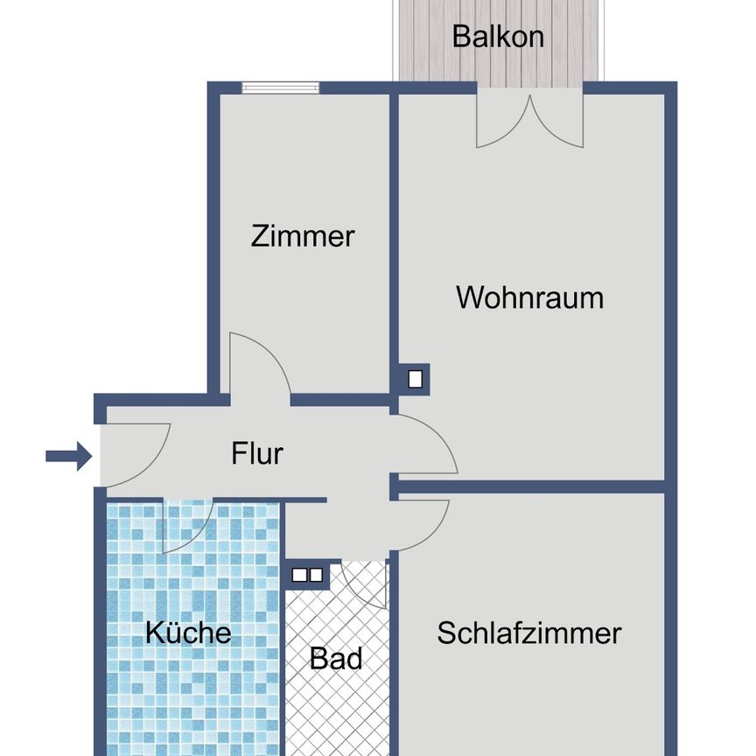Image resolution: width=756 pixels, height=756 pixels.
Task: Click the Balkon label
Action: click(498, 37)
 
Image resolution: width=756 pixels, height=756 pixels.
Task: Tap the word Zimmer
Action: click(303, 236)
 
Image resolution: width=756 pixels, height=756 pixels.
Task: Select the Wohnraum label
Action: click(529, 297)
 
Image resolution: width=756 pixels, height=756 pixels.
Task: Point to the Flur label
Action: click(257, 454)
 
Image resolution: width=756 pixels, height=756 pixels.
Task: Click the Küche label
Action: click(188, 633)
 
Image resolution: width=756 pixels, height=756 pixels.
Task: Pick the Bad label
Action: click(336, 658)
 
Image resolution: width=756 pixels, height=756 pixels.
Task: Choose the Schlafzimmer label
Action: click(529, 633)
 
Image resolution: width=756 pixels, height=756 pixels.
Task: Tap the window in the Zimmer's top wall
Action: click(280, 87)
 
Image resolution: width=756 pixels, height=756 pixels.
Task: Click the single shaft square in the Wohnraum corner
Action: click(416, 379)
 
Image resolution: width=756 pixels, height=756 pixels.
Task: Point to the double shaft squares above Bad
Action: click(307, 575)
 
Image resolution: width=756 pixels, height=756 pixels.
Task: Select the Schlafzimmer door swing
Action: click(422, 523)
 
